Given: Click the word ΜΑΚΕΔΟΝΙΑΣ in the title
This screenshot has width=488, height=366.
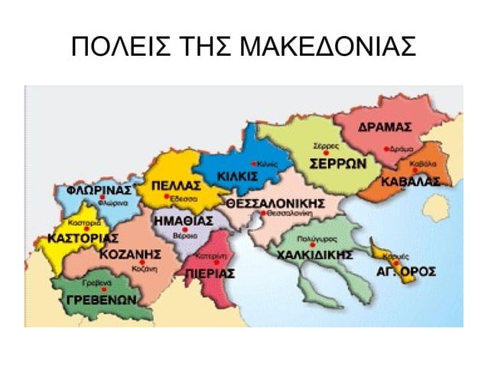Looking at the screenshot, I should click(x=328, y=47).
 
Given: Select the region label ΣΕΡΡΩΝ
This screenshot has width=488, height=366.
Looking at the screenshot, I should click(x=337, y=164).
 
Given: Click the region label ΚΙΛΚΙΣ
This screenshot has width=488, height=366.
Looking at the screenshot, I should click(x=238, y=178).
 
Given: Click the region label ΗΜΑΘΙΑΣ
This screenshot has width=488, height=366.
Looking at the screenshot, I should click(x=184, y=221).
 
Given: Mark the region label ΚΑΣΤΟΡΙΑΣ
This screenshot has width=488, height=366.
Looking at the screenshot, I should click(x=83, y=238).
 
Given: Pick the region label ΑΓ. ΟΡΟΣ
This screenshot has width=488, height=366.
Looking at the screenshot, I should click(x=406, y=271).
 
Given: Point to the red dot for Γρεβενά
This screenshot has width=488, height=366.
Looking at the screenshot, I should click(x=104, y=289).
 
